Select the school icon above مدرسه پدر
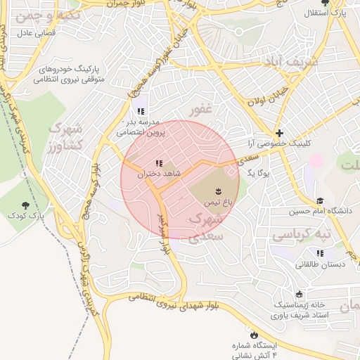(x=140, y=110)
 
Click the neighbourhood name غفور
(x=200, y=110)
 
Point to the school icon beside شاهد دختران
(x=158, y=163)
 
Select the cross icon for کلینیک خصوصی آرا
(x=279, y=132)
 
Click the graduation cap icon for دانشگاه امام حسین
(x=320, y=201)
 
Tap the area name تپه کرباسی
(x=301, y=233)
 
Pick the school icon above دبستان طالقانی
(x=321, y=253)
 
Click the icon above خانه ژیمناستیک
(x=300, y=294)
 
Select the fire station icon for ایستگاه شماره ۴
(x=254, y=335)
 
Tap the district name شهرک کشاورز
(x=65, y=138)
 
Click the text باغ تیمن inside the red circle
(x=217, y=202)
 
